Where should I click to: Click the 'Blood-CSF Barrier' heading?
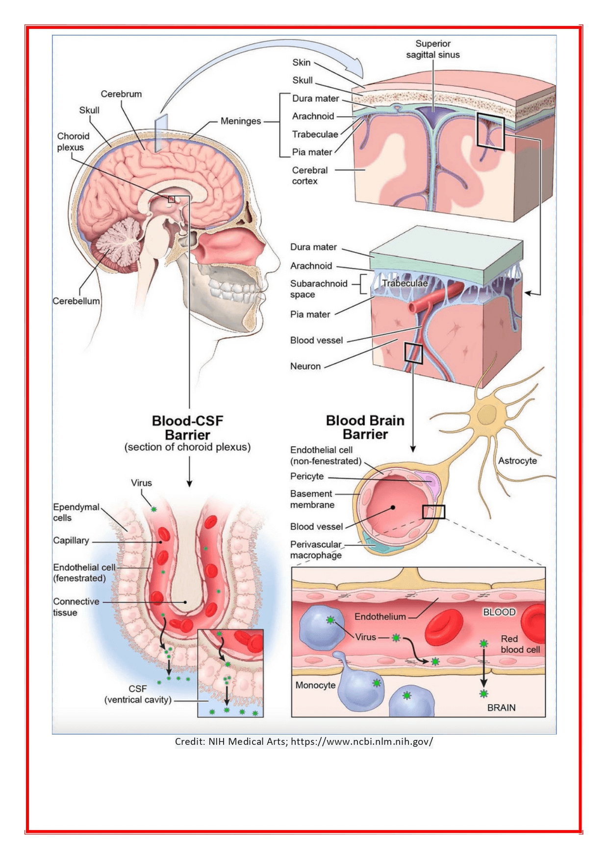[x=187, y=428]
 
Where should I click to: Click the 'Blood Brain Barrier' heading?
[x=365, y=427]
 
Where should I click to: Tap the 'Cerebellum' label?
[x=76, y=301]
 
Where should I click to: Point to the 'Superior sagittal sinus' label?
[x=433, y=49]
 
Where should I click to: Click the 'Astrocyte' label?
[x=517, y=461]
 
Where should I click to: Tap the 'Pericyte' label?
[x=307, y=476]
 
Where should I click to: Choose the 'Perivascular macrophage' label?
[x=316, y=550]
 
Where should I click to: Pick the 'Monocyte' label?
[x=315, y=685]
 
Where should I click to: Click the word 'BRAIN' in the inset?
[x=501, y=708]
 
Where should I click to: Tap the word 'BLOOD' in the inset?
[x=499, y=612]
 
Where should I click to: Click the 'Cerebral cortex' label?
[x=309, y=175]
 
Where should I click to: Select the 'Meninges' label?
[x=241, y=121]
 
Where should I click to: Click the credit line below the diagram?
[x=304, y=741]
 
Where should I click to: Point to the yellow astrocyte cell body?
[x=486, y=415]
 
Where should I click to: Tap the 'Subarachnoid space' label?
[x=318, y=289]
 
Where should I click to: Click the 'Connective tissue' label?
[x=76, y=607]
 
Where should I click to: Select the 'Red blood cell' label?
[x=520, y=644]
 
